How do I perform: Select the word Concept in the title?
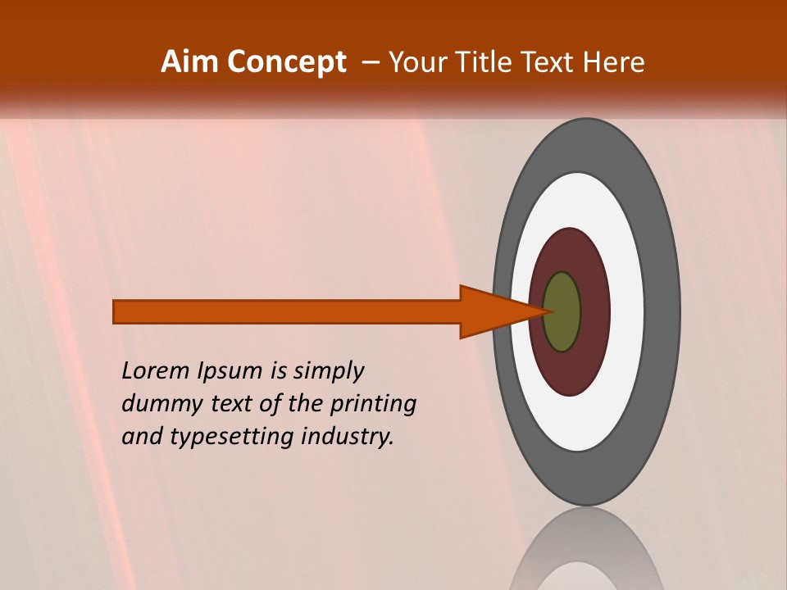[287, 62]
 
